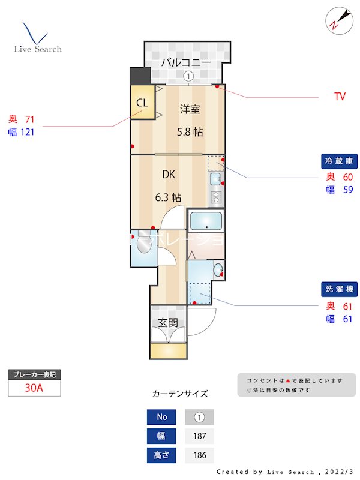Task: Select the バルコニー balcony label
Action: [x=185, y=62]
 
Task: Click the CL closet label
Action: [x=142, y=103]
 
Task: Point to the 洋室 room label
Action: [x=190, y=109]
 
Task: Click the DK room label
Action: [x=168, y=175]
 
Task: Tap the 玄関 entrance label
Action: [x=168, y=322]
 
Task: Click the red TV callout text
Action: [x=340, y=97]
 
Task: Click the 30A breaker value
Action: [x=34, y=388]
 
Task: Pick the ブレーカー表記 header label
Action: [x=34, y=374]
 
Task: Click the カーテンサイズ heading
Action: [x=180, y=394]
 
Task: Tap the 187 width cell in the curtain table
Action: [x=199, y=436]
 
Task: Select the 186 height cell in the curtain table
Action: [x=199, y=455]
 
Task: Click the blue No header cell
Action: [x=161, y=417]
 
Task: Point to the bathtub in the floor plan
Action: [x=206, y=222]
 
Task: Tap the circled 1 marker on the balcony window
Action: [x=188, y=76]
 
